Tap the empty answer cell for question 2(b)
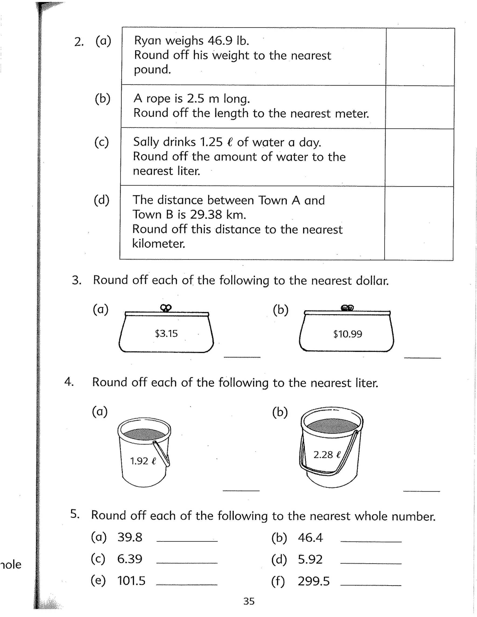tap(420, 107)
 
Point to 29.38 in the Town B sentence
tap(206, 215)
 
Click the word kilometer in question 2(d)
tap(159, 244)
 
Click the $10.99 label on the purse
tap(348, 334)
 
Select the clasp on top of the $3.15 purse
tap(166, 308)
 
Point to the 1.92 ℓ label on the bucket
tap(143, 461)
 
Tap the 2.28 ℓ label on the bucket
tap(327, 455)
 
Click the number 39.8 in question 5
tap(130, 537)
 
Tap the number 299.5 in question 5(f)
tap(314, 581)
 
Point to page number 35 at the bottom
tap(249, 601)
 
